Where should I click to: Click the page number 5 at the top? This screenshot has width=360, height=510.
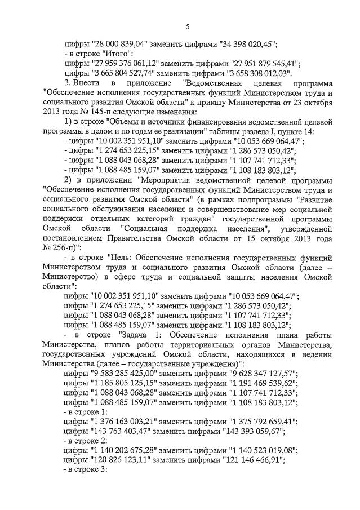[188, 26]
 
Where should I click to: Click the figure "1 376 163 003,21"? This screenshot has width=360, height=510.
[123, 421]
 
